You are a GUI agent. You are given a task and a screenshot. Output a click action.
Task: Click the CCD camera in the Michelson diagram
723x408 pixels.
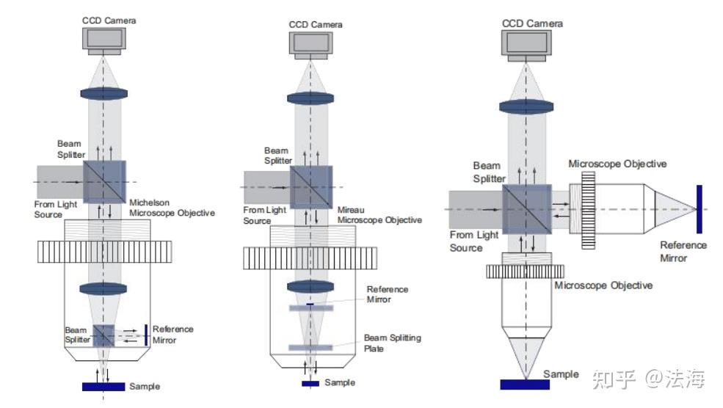point(104,40)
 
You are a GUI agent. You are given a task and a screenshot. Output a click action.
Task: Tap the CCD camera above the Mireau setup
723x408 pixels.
point(310,45)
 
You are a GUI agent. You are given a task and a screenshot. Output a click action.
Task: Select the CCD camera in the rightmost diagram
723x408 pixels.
point(526,45)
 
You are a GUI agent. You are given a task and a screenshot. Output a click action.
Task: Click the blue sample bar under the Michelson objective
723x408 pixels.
point(103,386)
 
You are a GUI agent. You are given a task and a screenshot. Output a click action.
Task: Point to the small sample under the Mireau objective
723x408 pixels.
point(310,384)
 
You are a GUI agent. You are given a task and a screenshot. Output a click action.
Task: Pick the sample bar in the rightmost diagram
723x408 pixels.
point(525,385)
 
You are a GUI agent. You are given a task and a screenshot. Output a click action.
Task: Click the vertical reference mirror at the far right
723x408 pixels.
point(699,209)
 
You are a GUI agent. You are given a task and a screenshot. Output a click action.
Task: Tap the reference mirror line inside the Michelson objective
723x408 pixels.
point(146,335)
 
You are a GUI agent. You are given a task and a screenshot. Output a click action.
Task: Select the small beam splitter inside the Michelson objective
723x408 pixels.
point(103,335)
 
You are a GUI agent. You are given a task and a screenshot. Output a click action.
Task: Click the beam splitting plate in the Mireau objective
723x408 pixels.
point(310,348)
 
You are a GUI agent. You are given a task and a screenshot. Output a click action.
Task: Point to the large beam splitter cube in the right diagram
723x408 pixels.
point(526,209)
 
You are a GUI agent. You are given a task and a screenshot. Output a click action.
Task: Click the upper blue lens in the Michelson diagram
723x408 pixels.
point(104,94)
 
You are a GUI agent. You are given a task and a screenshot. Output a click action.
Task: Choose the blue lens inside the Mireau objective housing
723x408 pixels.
point(310,286)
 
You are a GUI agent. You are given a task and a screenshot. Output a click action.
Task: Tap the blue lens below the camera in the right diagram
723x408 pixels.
point(526,107)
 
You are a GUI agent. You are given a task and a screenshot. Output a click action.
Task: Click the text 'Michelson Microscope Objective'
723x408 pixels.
point(172,208)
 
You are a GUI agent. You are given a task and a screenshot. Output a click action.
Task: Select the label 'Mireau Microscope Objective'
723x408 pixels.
point(379,215)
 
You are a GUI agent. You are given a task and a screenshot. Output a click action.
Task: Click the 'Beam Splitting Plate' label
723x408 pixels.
point(393,343)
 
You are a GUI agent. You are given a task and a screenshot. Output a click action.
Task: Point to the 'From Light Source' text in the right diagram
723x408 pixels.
point(474,241)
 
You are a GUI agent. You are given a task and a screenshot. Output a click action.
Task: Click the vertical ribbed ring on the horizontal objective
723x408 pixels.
point(589,210)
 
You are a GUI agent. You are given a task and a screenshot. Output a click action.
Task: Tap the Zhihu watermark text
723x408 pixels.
point(648,379)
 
